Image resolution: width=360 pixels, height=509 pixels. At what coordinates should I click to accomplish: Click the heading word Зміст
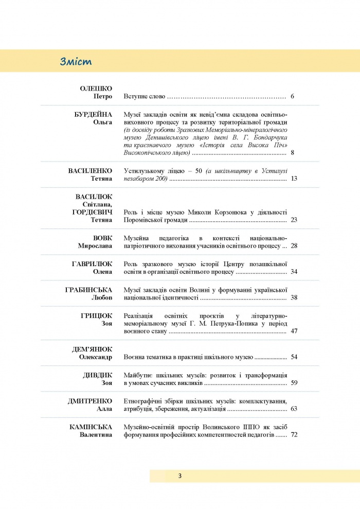[76, 62]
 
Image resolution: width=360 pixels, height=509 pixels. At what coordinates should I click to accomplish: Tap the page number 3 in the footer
[179, 476]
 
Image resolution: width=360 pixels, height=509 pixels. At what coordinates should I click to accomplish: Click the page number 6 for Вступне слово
[292, 96]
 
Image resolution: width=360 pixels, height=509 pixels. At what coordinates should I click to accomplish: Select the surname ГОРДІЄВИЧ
[93, 212]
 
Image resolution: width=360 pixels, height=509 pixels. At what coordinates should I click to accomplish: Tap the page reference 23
[294, 220]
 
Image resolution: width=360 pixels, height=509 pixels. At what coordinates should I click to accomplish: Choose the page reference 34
[294, 271]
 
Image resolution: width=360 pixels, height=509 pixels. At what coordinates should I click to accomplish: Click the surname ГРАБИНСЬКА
[89, 290]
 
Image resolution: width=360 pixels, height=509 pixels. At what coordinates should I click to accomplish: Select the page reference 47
[294, 331]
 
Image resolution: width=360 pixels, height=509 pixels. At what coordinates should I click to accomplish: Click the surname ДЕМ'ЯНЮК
[92, 349]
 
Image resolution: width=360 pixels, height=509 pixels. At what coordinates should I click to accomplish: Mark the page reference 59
[294, 383]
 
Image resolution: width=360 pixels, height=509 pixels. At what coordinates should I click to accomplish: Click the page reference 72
[294, 435]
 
